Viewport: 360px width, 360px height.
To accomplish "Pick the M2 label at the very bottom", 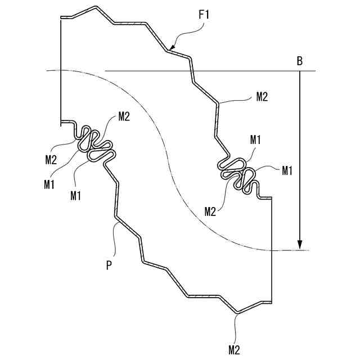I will (235, 349).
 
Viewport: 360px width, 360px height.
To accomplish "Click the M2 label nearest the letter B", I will (262, 96).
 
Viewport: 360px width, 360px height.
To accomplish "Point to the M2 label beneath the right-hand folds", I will (210, 211).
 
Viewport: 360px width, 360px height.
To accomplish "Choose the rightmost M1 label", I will (287, 170).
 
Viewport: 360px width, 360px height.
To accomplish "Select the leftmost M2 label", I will (51, 159).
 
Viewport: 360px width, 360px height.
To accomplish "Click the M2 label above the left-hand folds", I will (124, 116).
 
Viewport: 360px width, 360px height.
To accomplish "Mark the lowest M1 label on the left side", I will (76, 195).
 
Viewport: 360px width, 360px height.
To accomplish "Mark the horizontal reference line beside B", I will (208, 71).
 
